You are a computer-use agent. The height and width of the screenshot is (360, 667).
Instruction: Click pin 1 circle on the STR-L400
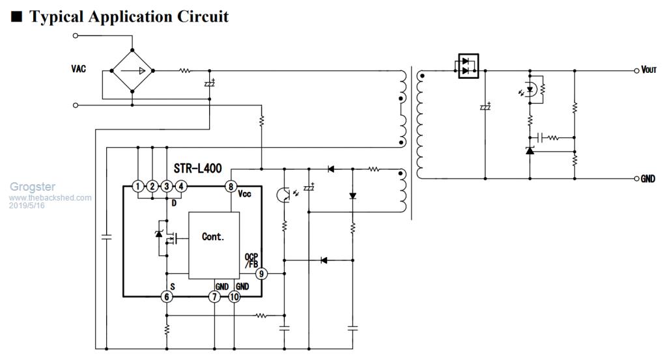[x=137, y=187]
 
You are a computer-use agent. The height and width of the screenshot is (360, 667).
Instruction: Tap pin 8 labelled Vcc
[x=231, y=187]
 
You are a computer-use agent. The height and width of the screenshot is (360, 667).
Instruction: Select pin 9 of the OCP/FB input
[x=261, y=274]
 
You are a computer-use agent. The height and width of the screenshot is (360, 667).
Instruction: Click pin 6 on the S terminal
[x=167, y=297]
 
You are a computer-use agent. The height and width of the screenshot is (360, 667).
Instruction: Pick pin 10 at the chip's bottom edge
[x=234, y=297]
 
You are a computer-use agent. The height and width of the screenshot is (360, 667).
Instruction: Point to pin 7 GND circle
[x=214, y=297]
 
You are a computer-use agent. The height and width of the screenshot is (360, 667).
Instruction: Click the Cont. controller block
[x=213, y=237]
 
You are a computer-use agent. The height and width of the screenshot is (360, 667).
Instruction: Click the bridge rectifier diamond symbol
[x=132, y=70]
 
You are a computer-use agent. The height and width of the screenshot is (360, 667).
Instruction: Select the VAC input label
[x=79, y=68]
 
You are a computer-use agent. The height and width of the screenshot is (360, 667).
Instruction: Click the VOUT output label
[x=649, y=70]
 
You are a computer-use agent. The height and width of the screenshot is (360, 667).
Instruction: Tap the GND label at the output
[x=647, y=178]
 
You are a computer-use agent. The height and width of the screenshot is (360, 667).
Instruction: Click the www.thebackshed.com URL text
[x=51, y=197]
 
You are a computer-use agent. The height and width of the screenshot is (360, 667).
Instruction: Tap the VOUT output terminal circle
[x=637, y=70]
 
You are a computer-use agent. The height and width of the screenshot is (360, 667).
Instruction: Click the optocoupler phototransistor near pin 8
[x=285, y=194]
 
